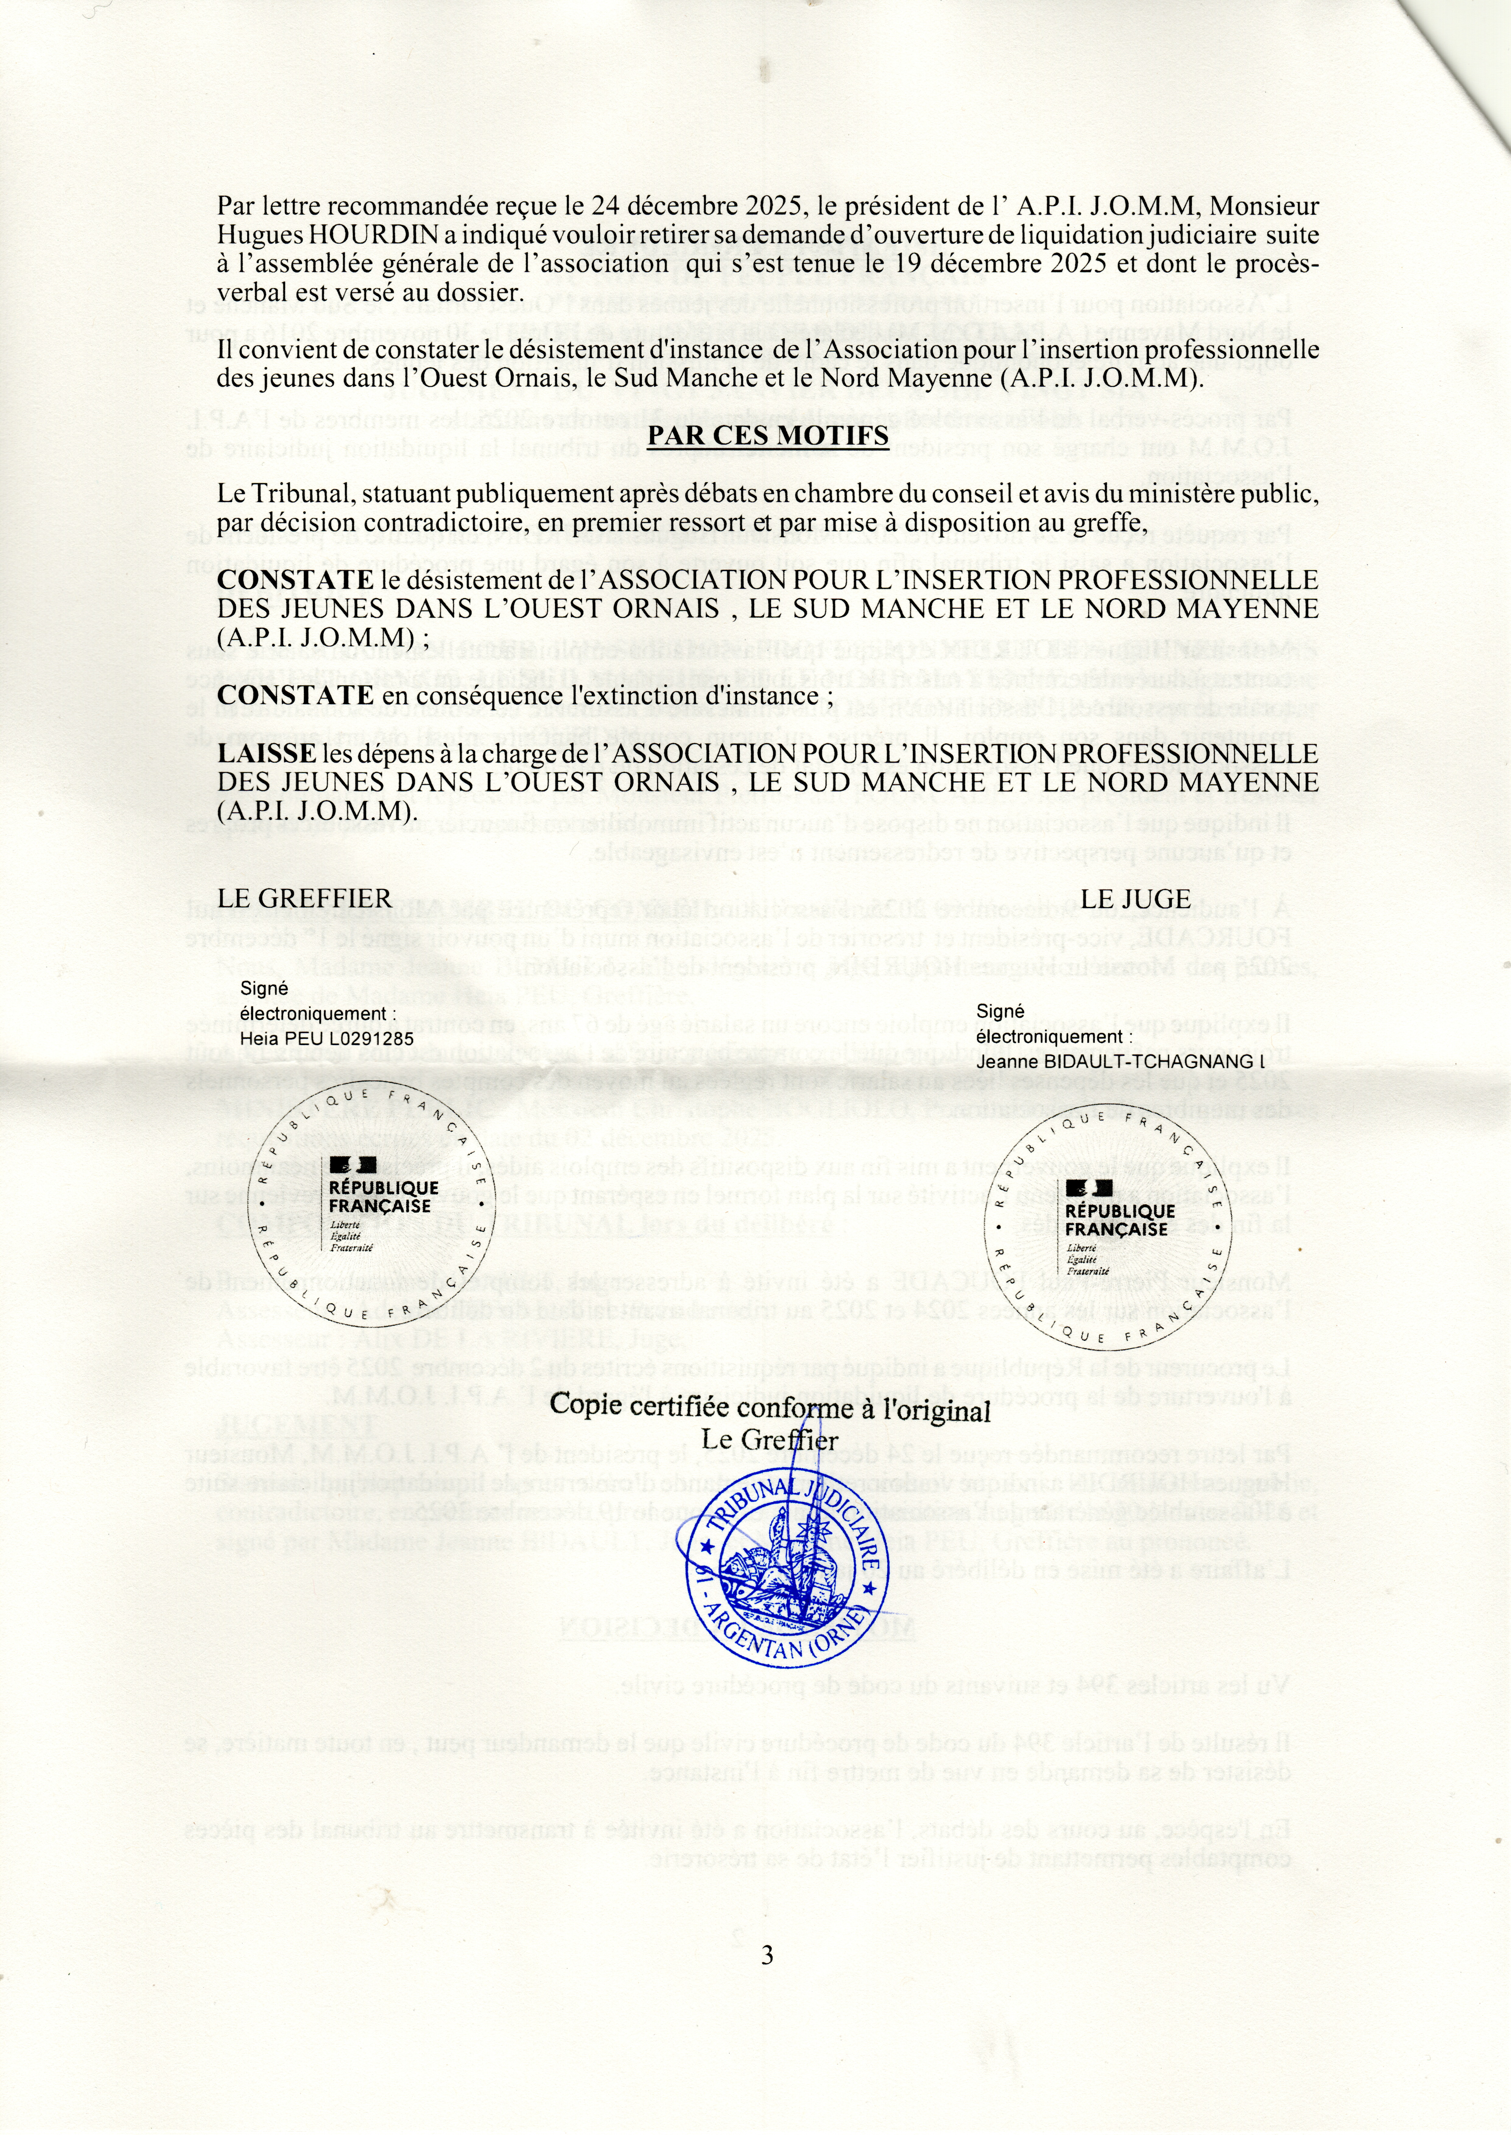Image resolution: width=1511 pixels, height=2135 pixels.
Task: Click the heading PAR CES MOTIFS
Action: (768, 435)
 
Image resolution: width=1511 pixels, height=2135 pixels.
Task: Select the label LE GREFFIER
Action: (304, 898)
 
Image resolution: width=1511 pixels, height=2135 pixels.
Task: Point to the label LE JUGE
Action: (1137, 898)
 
